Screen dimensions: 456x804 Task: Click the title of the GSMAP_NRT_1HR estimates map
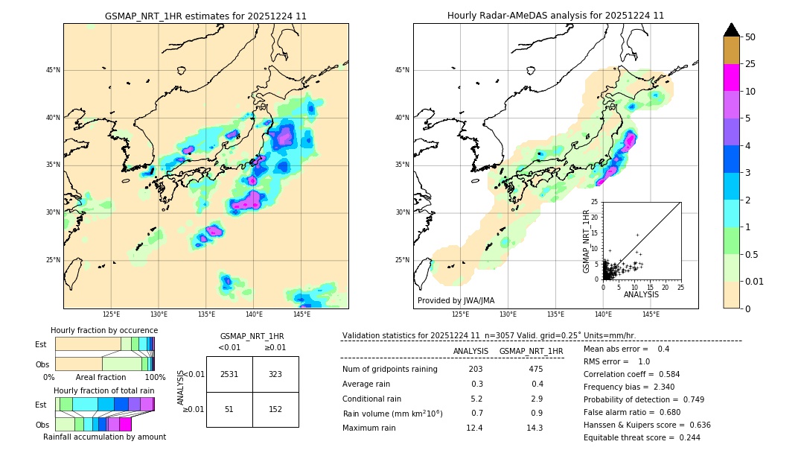(x=205, y=16)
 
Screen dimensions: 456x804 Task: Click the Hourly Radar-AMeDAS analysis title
(x=555, y=16)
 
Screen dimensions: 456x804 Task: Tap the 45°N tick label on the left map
(x=52, y=70)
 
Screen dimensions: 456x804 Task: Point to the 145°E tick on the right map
(x=651, y=314)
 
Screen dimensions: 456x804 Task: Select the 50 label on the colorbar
(x=750, y=37)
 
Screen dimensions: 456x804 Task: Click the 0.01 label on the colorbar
(x=755, y=281)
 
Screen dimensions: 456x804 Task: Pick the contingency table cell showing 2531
(x=229, y=374)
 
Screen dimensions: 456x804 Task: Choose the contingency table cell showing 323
(x=275, y=374)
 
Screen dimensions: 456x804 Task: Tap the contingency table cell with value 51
(x=229, y=409)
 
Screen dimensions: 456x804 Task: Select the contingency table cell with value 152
(x=275, y=409)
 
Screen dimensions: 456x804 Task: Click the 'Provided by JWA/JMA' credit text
(x=456, y=300)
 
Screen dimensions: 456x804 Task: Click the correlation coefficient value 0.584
(x=663, y=374)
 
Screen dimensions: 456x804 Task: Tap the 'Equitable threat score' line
(x=642, y=437)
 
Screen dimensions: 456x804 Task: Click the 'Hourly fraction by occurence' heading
(x=104, y=330)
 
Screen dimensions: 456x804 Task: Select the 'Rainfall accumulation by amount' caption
(x=104, y=437)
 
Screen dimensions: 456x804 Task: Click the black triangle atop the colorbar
(x=732, y=30)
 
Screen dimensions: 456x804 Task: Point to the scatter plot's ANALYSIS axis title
(x=641, y=295)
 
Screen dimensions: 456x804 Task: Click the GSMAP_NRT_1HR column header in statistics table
(x=531, y=351)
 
